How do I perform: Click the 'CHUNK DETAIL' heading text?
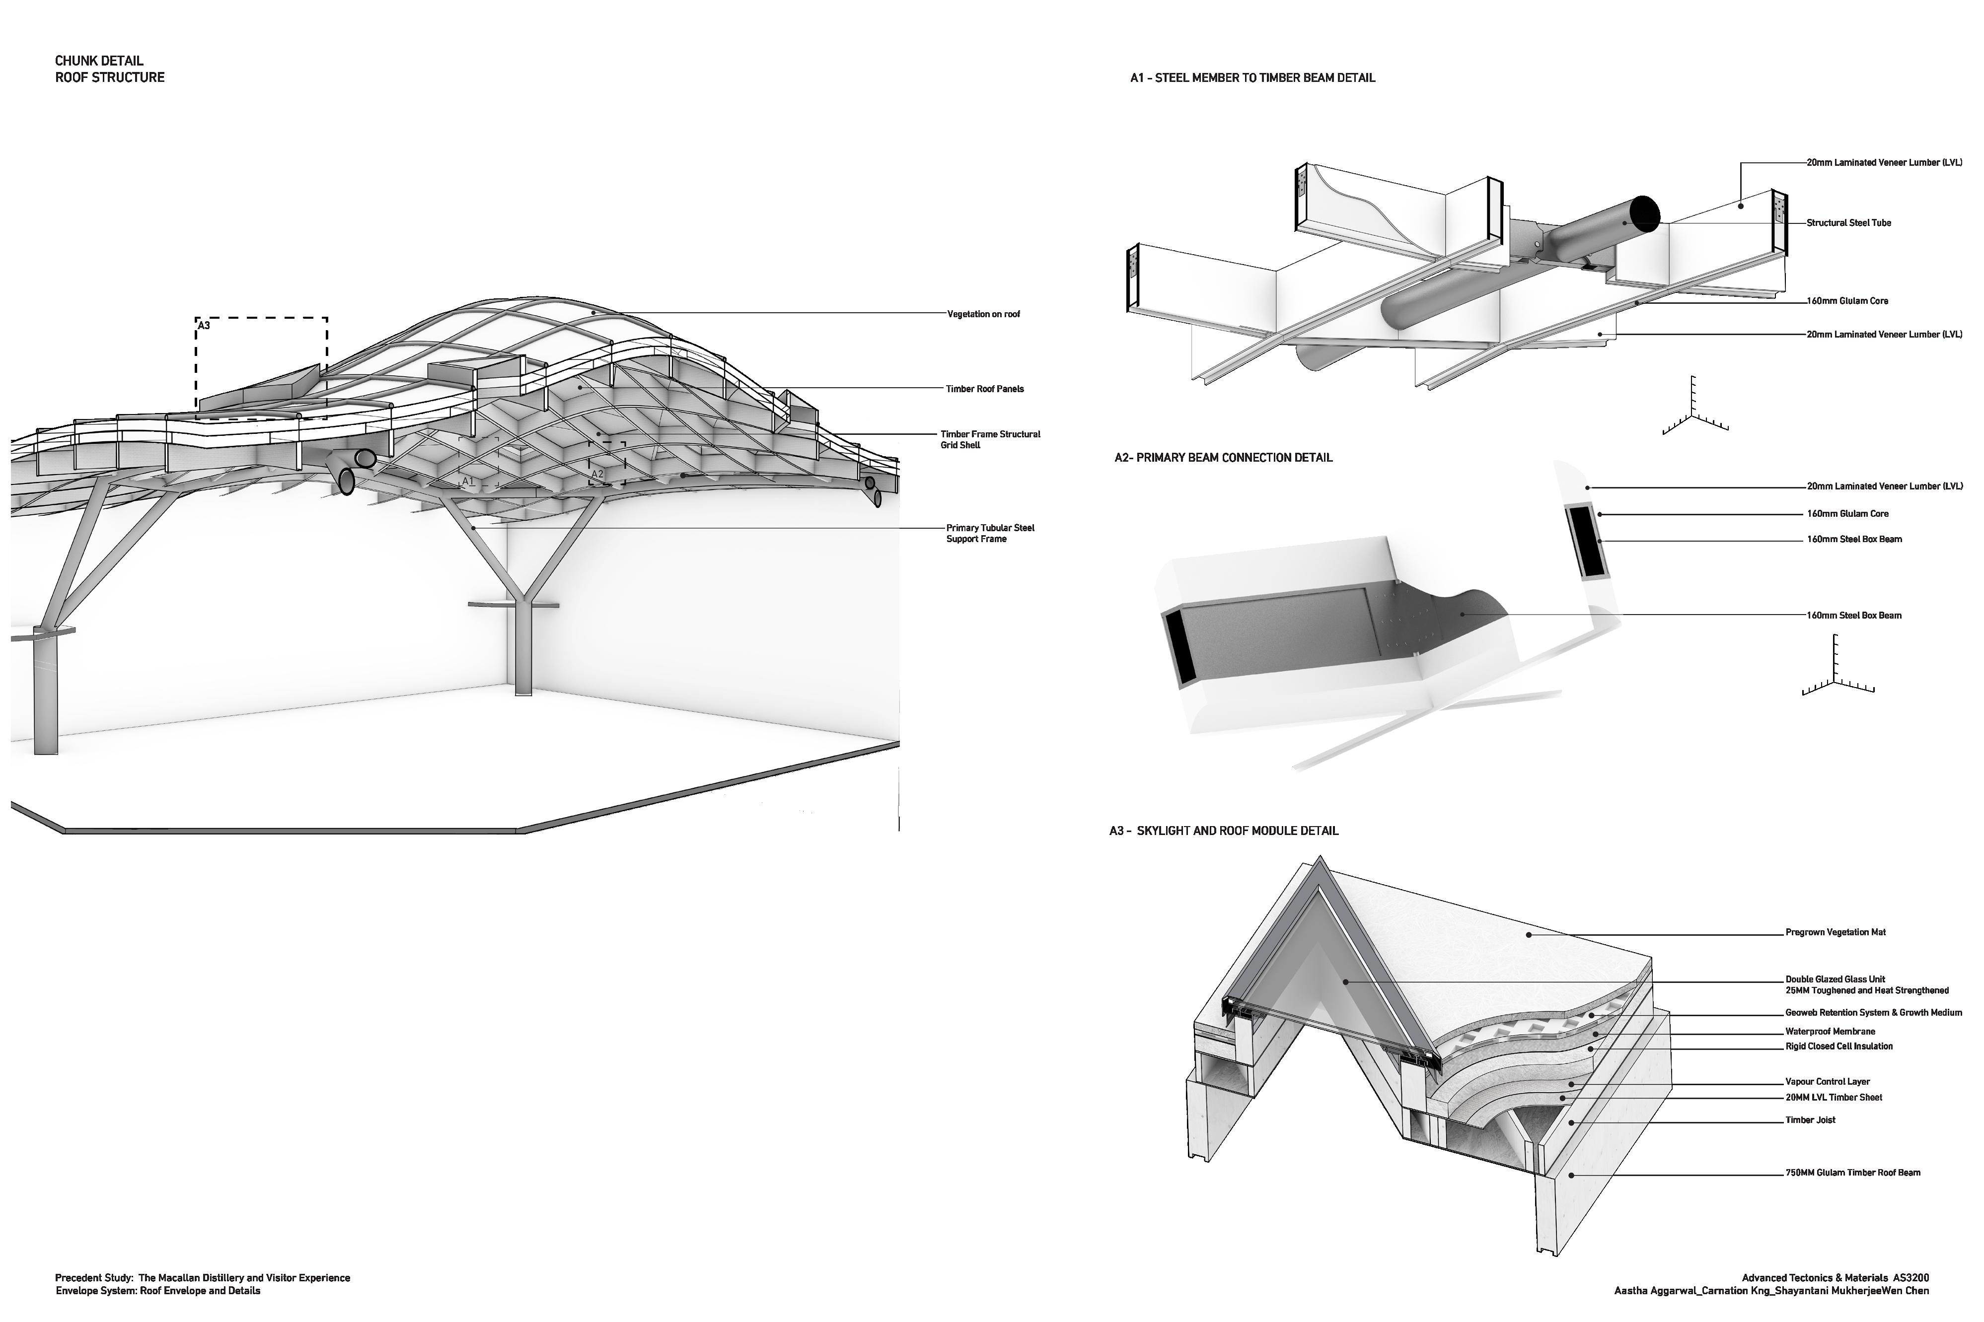coord(99,61)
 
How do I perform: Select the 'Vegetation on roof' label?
coord(983,314)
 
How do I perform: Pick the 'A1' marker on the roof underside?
coord(468,482)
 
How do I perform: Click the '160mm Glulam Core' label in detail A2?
coord(1846,513)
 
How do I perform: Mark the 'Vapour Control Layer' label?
coord(1827,1082)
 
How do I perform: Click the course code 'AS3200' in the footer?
coord(1910,1278)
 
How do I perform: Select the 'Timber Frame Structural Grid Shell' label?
coord(990,439)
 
